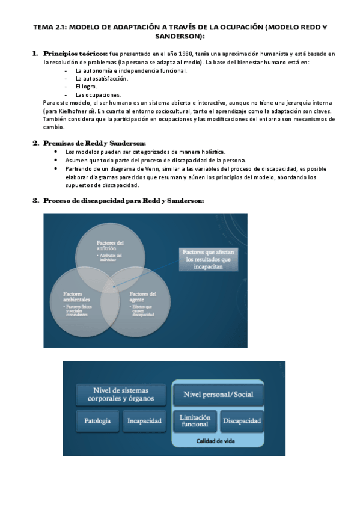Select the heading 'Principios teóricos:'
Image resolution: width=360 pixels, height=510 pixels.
pos(75,54)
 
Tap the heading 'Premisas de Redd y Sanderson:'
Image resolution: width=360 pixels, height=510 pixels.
pos(94,143)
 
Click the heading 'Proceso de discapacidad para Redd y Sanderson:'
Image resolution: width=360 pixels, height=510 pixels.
pos(123,200)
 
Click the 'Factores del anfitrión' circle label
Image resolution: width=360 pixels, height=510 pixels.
pos(111,245)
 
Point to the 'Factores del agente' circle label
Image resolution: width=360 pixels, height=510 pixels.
pos(143,296)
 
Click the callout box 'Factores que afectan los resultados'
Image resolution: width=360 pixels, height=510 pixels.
pos(207,259)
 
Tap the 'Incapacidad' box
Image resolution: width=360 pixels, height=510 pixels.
pos(144,422)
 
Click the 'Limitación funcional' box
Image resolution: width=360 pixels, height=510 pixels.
pos(194,421)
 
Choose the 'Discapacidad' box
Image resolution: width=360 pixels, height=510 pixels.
pos(241,421)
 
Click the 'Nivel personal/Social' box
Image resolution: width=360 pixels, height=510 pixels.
pos(217,395)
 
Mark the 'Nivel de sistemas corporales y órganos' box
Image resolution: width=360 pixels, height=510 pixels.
pos(120,394)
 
